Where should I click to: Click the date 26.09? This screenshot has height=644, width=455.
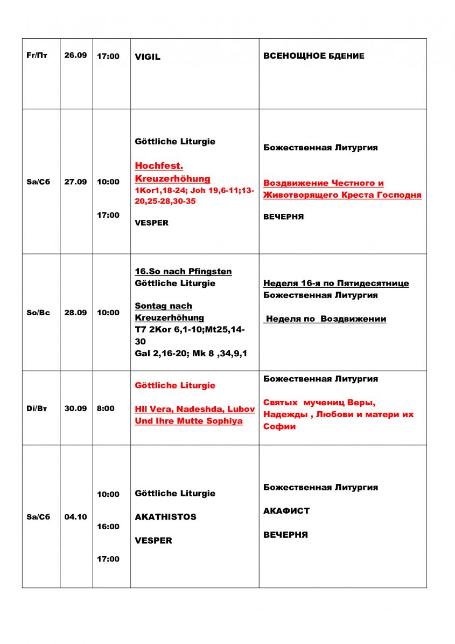(x=75, y=56)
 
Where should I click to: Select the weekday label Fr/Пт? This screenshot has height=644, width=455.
(x=37, y=56)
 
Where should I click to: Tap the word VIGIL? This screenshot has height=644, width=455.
(x=148, y=57)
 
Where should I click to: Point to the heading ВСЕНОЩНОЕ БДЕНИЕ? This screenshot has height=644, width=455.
(x=313, y=56)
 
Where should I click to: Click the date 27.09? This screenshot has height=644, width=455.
(x=75, y=182)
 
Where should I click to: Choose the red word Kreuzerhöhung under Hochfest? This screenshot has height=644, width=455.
(x=172, y=178)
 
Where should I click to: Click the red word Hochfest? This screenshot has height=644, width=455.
(x=159, y=165)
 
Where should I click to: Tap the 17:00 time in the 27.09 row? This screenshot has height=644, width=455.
(x=108, y=215)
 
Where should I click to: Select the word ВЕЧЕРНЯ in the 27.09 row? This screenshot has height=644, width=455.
(x=283, y=217)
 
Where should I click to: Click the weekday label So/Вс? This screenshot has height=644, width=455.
(x=38, y=313)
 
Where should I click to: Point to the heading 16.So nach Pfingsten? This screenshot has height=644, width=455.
(x=183, y=271)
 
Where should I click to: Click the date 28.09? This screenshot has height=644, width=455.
(x=75, y=313)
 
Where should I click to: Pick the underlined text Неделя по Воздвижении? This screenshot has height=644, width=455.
(x=325, y=319)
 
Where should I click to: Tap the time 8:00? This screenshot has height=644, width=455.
(x=106, y=408)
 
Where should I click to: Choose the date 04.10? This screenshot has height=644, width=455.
(x=75, y=517)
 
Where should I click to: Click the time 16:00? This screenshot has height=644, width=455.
(x=108, y=527)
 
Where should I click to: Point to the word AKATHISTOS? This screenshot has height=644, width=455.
(x=165, y=517)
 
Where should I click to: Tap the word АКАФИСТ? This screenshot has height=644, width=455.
(x=286, y=511)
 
